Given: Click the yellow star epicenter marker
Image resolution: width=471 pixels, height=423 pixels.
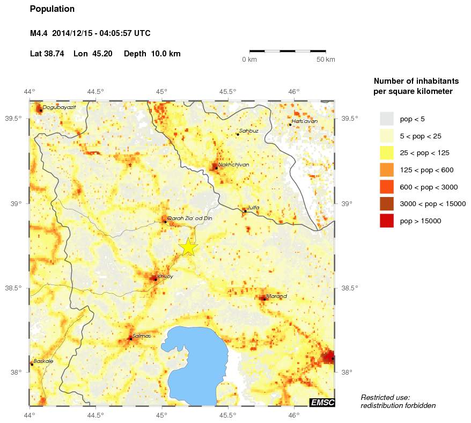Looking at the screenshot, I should pyautogui.click(x=188, y=247).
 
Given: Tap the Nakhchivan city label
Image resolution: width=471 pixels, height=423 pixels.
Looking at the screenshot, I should pyautogui.click(x=233, y=165).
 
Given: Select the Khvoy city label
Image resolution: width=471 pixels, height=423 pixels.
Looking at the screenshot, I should pyautogui.click(x=165, y=276).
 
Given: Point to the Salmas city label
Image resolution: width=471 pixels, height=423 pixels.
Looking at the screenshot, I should pyautogui.click(x=141, y=336).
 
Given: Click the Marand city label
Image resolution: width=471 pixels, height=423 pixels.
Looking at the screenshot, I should pyautogui.click(x=277, y=296).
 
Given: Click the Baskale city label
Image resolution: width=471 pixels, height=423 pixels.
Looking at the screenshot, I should pyautogui.click(x=43, y=361).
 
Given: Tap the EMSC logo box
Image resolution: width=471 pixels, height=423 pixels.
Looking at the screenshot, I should pyautogui.click(x=322, y=403).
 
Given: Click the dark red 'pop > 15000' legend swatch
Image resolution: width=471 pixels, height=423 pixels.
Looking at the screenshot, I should pyautogui.click(x=386, y=221).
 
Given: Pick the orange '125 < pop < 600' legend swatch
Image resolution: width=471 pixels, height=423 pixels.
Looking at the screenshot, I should pyautogui.click(x=386, y=170).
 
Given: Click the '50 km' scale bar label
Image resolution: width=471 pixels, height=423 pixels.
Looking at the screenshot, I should pyautogui.click(x=326, y=59).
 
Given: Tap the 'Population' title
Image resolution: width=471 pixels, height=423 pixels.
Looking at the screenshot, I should pyautogui.click(x=52, y=9).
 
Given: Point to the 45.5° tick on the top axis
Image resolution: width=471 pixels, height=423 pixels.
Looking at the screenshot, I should pyautogui.click(x=228, y=91).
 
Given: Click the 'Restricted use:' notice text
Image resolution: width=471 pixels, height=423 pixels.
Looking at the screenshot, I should pyautogui.click(x=385, y=397).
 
